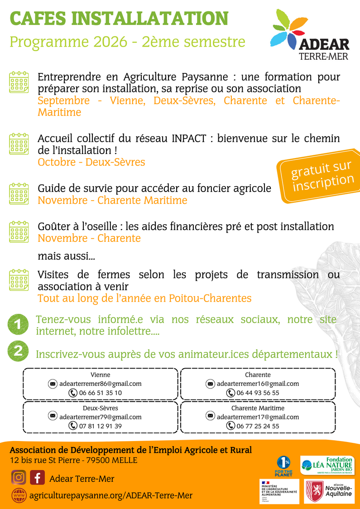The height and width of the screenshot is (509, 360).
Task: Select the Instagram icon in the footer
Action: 19,478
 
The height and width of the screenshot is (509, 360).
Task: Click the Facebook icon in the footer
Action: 37,478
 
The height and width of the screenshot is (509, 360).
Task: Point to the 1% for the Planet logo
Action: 284,466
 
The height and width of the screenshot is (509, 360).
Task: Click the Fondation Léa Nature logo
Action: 327,465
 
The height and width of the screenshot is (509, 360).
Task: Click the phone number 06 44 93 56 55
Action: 258,393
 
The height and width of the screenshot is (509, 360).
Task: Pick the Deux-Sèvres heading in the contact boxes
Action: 100,408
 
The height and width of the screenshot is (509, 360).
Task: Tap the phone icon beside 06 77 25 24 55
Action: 230,426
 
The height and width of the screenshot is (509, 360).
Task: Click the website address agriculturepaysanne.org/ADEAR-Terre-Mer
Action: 110,495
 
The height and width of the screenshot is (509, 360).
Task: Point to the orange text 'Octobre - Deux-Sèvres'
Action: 91,162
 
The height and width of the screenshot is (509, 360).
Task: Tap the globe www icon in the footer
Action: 19,495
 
